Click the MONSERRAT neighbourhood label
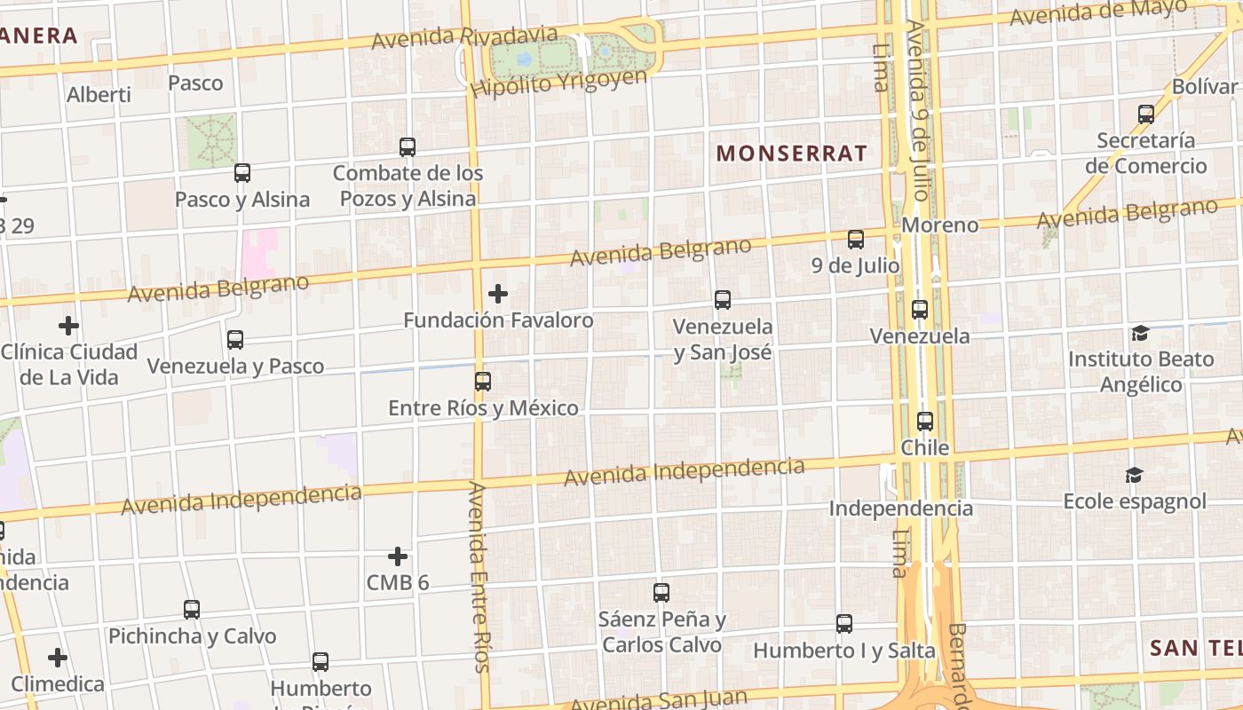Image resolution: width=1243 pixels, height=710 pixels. [791, 153]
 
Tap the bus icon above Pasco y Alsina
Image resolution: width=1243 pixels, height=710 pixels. [241, 173]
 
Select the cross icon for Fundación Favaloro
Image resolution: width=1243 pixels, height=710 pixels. [498, 294]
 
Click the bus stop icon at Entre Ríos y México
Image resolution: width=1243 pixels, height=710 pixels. [482, 382]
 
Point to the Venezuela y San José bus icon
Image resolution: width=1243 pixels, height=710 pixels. [723, 300]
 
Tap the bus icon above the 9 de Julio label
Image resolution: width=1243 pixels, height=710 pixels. [855, 240]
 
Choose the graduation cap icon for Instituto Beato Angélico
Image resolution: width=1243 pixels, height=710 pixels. [1140, 334]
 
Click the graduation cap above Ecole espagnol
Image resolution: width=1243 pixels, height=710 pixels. [1134, 476]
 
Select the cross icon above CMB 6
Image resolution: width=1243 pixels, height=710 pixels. [398, 556]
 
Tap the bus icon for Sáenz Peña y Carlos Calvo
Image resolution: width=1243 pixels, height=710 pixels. [661, 593]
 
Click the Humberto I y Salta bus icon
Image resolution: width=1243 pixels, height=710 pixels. [843, 624]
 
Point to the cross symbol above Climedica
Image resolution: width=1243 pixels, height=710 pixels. [58, 658]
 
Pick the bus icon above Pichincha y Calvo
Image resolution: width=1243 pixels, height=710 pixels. [192, 610]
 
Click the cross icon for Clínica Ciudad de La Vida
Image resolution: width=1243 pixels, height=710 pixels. [68, 326]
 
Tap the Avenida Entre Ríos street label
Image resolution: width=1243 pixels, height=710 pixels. [479, 577]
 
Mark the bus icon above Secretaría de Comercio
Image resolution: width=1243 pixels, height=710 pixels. [1146, 114]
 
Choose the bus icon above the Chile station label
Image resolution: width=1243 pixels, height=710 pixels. [925, 422]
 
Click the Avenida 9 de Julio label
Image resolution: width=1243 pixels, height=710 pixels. [918, 111]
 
